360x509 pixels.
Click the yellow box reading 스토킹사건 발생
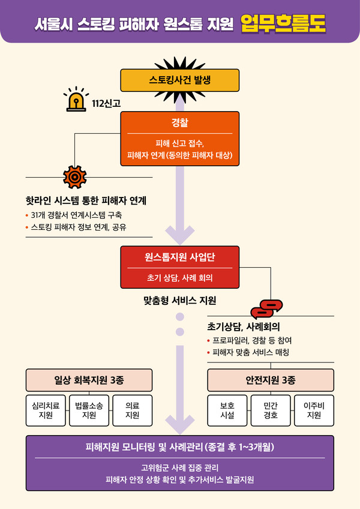click(x=180, y=80)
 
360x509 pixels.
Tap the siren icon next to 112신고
click(x=76, y=101)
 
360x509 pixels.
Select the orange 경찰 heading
click(x=180, y=124)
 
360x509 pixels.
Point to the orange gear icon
click(x=74, y=176)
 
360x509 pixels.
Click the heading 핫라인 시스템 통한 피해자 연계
click(x=86, y=200)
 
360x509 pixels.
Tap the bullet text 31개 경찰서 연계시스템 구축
click(x=78, y=215)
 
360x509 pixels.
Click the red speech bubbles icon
click(x=266, y=309)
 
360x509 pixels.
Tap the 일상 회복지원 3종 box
click(x=89, y=380)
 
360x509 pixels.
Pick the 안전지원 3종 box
click(x=271, y=380)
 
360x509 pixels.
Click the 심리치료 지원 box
click(x=46, y=411)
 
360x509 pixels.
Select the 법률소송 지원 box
click(x=89, y=411)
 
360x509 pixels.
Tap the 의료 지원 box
click(x=132, y=411)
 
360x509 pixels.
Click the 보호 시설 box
click(x=227, y=411)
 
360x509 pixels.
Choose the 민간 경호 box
click(x=271, y=411)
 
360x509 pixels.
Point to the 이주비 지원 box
click(x=314, y=411)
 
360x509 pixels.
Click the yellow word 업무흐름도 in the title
click(x=282, y=23)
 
